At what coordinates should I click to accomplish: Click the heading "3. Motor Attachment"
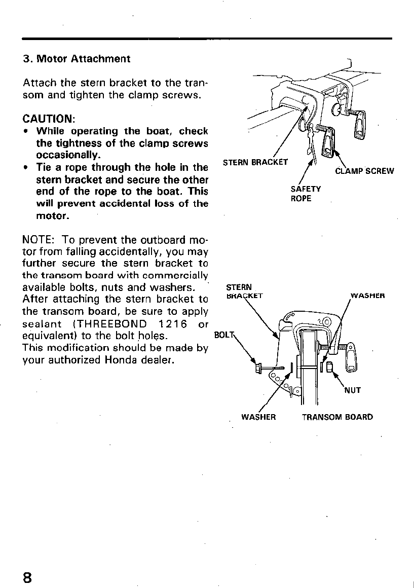[77, 59]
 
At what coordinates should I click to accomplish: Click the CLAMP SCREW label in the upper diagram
[364, 171]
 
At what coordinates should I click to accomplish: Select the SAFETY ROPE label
[306, 194]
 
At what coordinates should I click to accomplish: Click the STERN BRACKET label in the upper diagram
[255, 162]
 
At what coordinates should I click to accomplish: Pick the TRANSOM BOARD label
[337, 417]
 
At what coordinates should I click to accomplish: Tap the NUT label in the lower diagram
[352, 390]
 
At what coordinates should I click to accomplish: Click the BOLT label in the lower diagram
[221, 335]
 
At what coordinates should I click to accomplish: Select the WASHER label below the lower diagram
[258, 417]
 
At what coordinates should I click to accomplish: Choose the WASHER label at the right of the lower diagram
[368, 295]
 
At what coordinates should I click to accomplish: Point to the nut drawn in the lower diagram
[328, 367]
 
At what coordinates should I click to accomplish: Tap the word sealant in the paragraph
[42, 324]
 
